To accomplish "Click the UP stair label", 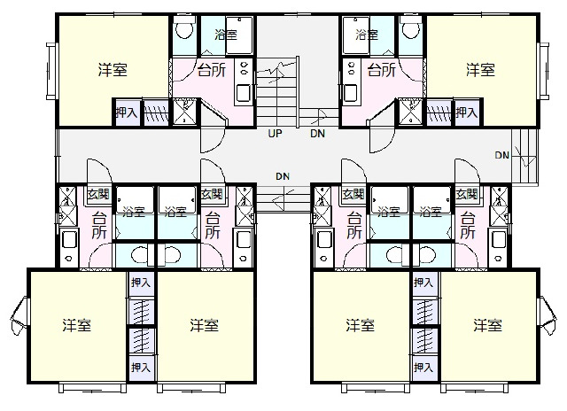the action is [275, 134].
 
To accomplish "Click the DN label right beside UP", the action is [317, 134].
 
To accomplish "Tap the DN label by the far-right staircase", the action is [502, 155].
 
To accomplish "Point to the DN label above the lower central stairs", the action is [283, 176].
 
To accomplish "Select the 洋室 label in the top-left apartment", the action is [113, 70].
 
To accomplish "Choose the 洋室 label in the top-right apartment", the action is [480, 70].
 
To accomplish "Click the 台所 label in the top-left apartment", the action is [212, 70].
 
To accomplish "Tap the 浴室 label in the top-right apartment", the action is [367, 35].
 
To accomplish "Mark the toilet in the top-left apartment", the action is [183, 28].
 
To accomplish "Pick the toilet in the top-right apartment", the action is [411, 28].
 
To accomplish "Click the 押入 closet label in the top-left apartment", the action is [127, 112].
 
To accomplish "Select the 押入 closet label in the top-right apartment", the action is [467, 112].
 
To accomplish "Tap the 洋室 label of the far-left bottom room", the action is [77, 325].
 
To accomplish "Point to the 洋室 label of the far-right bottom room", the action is [488, 325].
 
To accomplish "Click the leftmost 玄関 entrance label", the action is [98, 195].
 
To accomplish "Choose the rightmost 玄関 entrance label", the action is [467, 195].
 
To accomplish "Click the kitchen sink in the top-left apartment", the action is [244, 94].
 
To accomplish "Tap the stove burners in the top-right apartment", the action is [350, 68].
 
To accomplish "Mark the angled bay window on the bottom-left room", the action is [19, 315].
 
